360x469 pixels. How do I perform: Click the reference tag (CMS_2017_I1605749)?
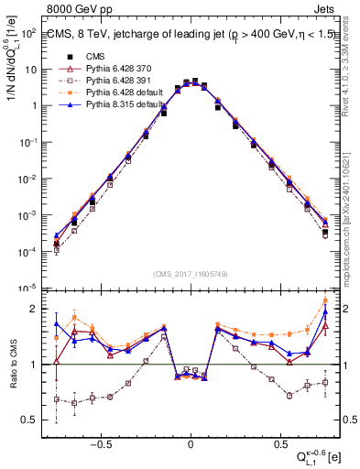(191, 275)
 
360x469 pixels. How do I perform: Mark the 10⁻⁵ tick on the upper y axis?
(29, 287)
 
